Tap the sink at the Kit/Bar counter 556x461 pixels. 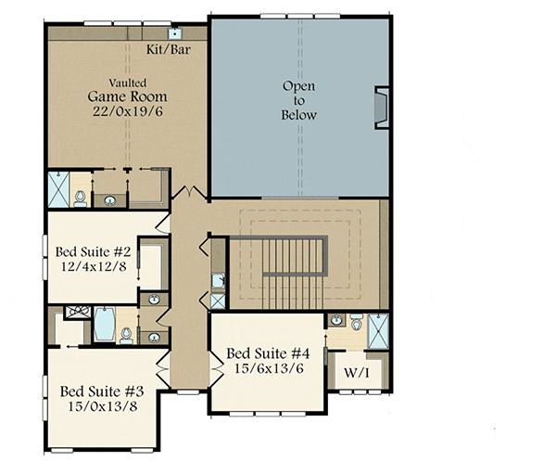[175, 32]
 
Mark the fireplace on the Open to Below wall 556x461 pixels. [381, 107]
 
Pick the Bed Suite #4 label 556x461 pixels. [268, 353]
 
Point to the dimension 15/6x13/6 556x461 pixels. [268, 369]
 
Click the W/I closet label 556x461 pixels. [358, 373]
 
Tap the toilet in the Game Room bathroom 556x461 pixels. [81, 197]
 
